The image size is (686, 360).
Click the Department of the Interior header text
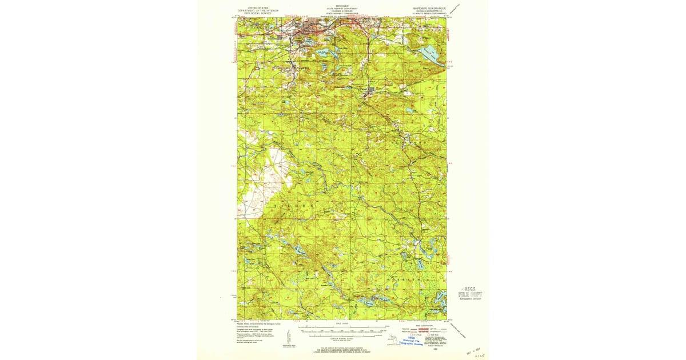click(257, 10)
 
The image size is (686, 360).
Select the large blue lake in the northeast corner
click(428, 56)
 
